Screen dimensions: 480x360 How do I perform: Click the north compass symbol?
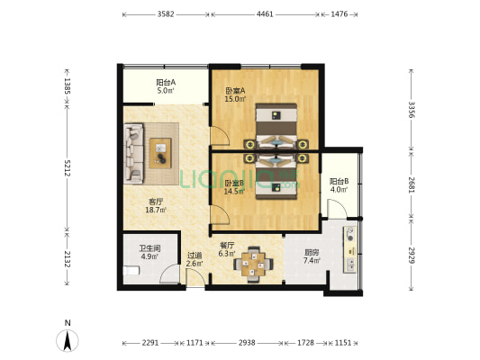pos(68,340)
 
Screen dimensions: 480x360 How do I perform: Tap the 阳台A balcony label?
pos(166,82)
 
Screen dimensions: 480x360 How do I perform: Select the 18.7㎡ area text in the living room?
pos(156,210)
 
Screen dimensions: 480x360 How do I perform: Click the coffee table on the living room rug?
pos(160,153)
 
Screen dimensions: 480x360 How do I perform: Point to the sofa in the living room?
pos(134,153)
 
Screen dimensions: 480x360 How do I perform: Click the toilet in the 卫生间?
pos(131,271)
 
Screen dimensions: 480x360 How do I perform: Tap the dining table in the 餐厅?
pos(253,265)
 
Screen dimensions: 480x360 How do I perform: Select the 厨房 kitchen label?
pos(312,253)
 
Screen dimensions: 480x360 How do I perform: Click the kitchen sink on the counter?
pos(350,265)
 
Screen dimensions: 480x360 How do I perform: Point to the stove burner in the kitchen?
pos(350,234)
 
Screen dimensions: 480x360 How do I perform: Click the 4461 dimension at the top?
pos(265,14)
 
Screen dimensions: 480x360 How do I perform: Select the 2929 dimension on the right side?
pos(412,255)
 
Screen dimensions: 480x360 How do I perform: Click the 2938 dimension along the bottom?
pos(247,343)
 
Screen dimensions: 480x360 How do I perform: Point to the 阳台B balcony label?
pos(340,182)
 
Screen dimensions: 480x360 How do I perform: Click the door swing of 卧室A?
pos(220,136)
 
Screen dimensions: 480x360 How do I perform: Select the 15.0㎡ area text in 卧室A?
pos(235,99)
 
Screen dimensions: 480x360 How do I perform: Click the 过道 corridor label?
pos(195,255)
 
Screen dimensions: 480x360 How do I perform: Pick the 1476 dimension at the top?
pos(340,14)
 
